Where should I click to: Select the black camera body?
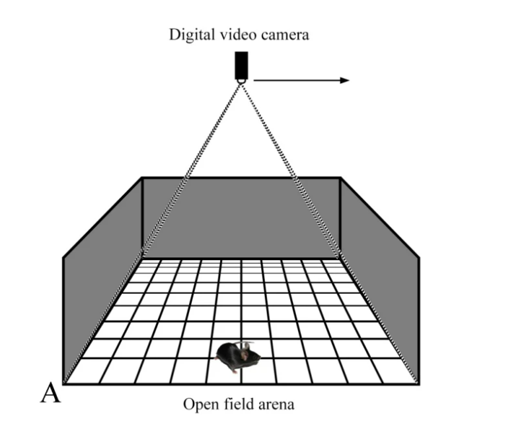click(241, 63)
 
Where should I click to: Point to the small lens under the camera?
click(241, 80)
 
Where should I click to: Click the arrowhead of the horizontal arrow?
click(344, 80)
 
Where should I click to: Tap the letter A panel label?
click(50, 393)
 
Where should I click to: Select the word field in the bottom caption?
click(234, 403)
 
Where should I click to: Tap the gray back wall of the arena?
click(241, 218)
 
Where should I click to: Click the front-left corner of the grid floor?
click(65, 383)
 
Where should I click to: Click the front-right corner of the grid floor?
click(417, 383)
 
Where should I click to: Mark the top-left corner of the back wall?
click(143, 178)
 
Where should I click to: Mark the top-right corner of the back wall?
click(340, 178)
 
